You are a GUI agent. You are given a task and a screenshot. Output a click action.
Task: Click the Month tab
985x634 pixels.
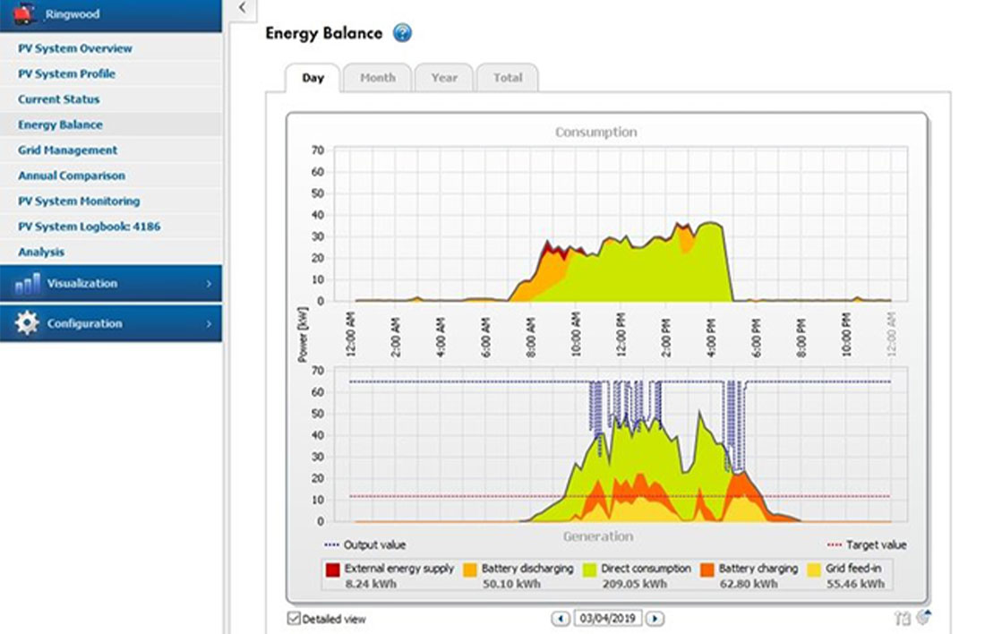point(377,78)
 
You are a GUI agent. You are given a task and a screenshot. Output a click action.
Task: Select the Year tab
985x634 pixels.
point(444,78)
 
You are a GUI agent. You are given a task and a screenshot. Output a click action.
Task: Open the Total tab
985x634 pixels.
point(507,78)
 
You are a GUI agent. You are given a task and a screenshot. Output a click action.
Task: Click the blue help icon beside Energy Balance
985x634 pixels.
point(402,34)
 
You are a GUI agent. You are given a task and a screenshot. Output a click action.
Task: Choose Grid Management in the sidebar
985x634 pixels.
point(68,150)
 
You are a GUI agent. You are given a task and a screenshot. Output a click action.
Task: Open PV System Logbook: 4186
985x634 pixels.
point(90,227)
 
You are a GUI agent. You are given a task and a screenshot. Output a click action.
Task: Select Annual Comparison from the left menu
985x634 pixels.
point(72,176)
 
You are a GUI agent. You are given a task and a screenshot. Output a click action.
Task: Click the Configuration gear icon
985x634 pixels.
point(27,323)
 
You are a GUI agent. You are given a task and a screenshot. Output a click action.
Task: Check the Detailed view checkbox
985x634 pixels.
point(295,619)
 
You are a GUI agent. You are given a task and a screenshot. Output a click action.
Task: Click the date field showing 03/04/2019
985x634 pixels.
point(609,618)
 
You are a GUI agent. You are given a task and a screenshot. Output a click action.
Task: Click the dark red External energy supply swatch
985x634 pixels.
point(333,569)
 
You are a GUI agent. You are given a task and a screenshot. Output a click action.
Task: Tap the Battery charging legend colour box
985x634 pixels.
point(707,569)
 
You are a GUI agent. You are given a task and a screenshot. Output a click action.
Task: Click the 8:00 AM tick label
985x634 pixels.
point(531,333)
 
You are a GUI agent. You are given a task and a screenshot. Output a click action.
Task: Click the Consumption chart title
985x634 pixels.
point(595,133)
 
